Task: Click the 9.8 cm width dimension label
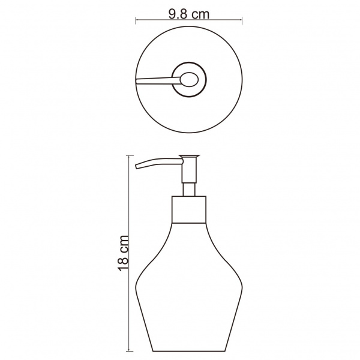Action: pyautogui.click(x=189, y=14)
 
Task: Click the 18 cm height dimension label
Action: pyautogui.click(x=123, y=253)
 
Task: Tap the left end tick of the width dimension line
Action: pyautogui.click(x=136, y=20)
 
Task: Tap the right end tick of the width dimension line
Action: pyautogui.click(x=242, y=20)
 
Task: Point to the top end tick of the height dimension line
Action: pyautogui.click(x=130, y=155)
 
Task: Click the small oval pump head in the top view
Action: pyautogui.click(x=189, y=80)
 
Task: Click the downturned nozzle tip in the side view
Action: pyautogui.click(x=137, y=167)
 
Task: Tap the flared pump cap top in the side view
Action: pyautogui.click(x=189, y=157)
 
